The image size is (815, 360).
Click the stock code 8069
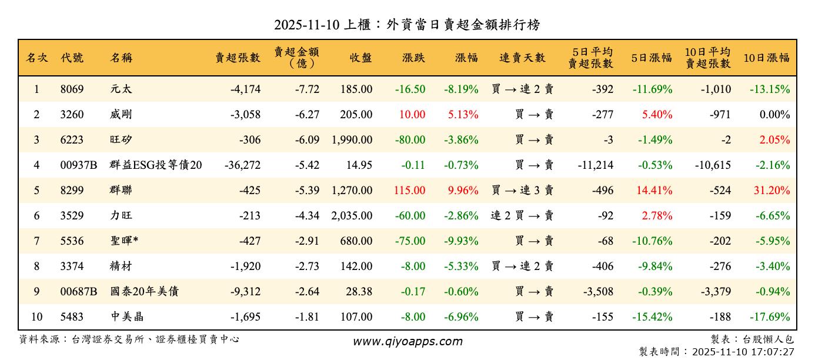pos(72,89)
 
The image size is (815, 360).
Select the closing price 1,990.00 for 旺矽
pos(352,140)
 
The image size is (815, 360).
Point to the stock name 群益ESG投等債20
pos(156,165)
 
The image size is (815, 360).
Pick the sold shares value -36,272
pos(242,165)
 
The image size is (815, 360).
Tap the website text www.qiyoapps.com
pos(407,341)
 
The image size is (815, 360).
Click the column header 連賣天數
pos(522,58)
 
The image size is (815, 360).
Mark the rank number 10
pos(36,317)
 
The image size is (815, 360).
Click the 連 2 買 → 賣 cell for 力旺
pos(522,216)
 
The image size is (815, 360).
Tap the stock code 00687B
pos(79,292)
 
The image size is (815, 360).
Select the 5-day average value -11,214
pos(595,165)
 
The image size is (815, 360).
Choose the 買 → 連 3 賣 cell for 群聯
pos(522,191)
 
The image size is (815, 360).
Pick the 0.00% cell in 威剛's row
pos(774,115)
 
